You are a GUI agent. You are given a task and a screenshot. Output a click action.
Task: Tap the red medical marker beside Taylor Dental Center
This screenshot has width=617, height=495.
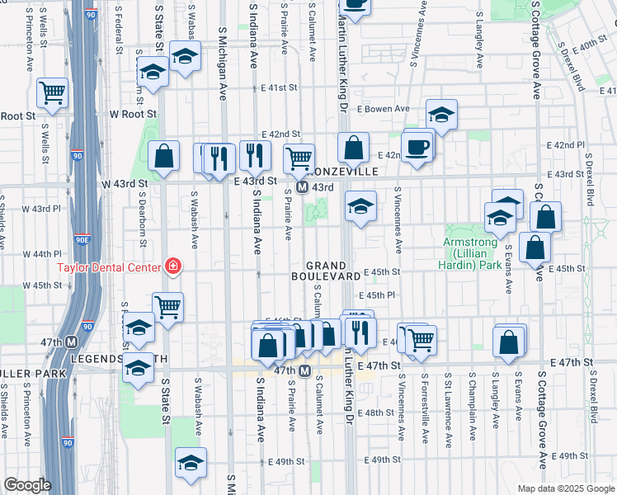pyautogui.click(x=174, y=266)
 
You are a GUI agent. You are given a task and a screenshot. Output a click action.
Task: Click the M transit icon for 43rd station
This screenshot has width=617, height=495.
pyautogui.click(x=303, y=187)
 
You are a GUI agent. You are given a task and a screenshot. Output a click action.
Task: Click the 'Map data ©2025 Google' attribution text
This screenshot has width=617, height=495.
pyautogui.click(x=565, y=488)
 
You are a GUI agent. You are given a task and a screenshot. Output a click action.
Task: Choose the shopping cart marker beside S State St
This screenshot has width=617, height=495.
pyautogui.click(x=167, y=307)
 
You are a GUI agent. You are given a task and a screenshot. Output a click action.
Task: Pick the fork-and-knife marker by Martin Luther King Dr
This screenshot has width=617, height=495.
pyautogui.click(x=360, y=330)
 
